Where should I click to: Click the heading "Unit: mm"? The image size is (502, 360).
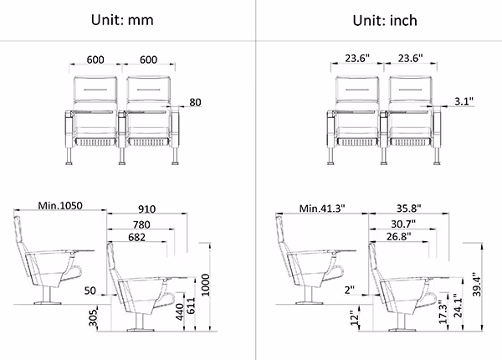(122, 20)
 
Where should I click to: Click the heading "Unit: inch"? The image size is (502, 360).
(385, 20)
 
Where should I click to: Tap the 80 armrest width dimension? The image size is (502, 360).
(195, 102)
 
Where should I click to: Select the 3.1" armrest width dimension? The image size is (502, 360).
(464, 101)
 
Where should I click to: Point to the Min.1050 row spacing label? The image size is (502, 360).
(60, 205)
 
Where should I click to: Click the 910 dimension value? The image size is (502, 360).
(147, 209)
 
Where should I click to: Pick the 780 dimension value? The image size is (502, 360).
(141, 224)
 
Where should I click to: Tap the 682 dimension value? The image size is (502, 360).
(136, 237)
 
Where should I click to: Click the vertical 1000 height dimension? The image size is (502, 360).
(205, 285)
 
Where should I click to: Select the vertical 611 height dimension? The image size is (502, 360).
(191, 306)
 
